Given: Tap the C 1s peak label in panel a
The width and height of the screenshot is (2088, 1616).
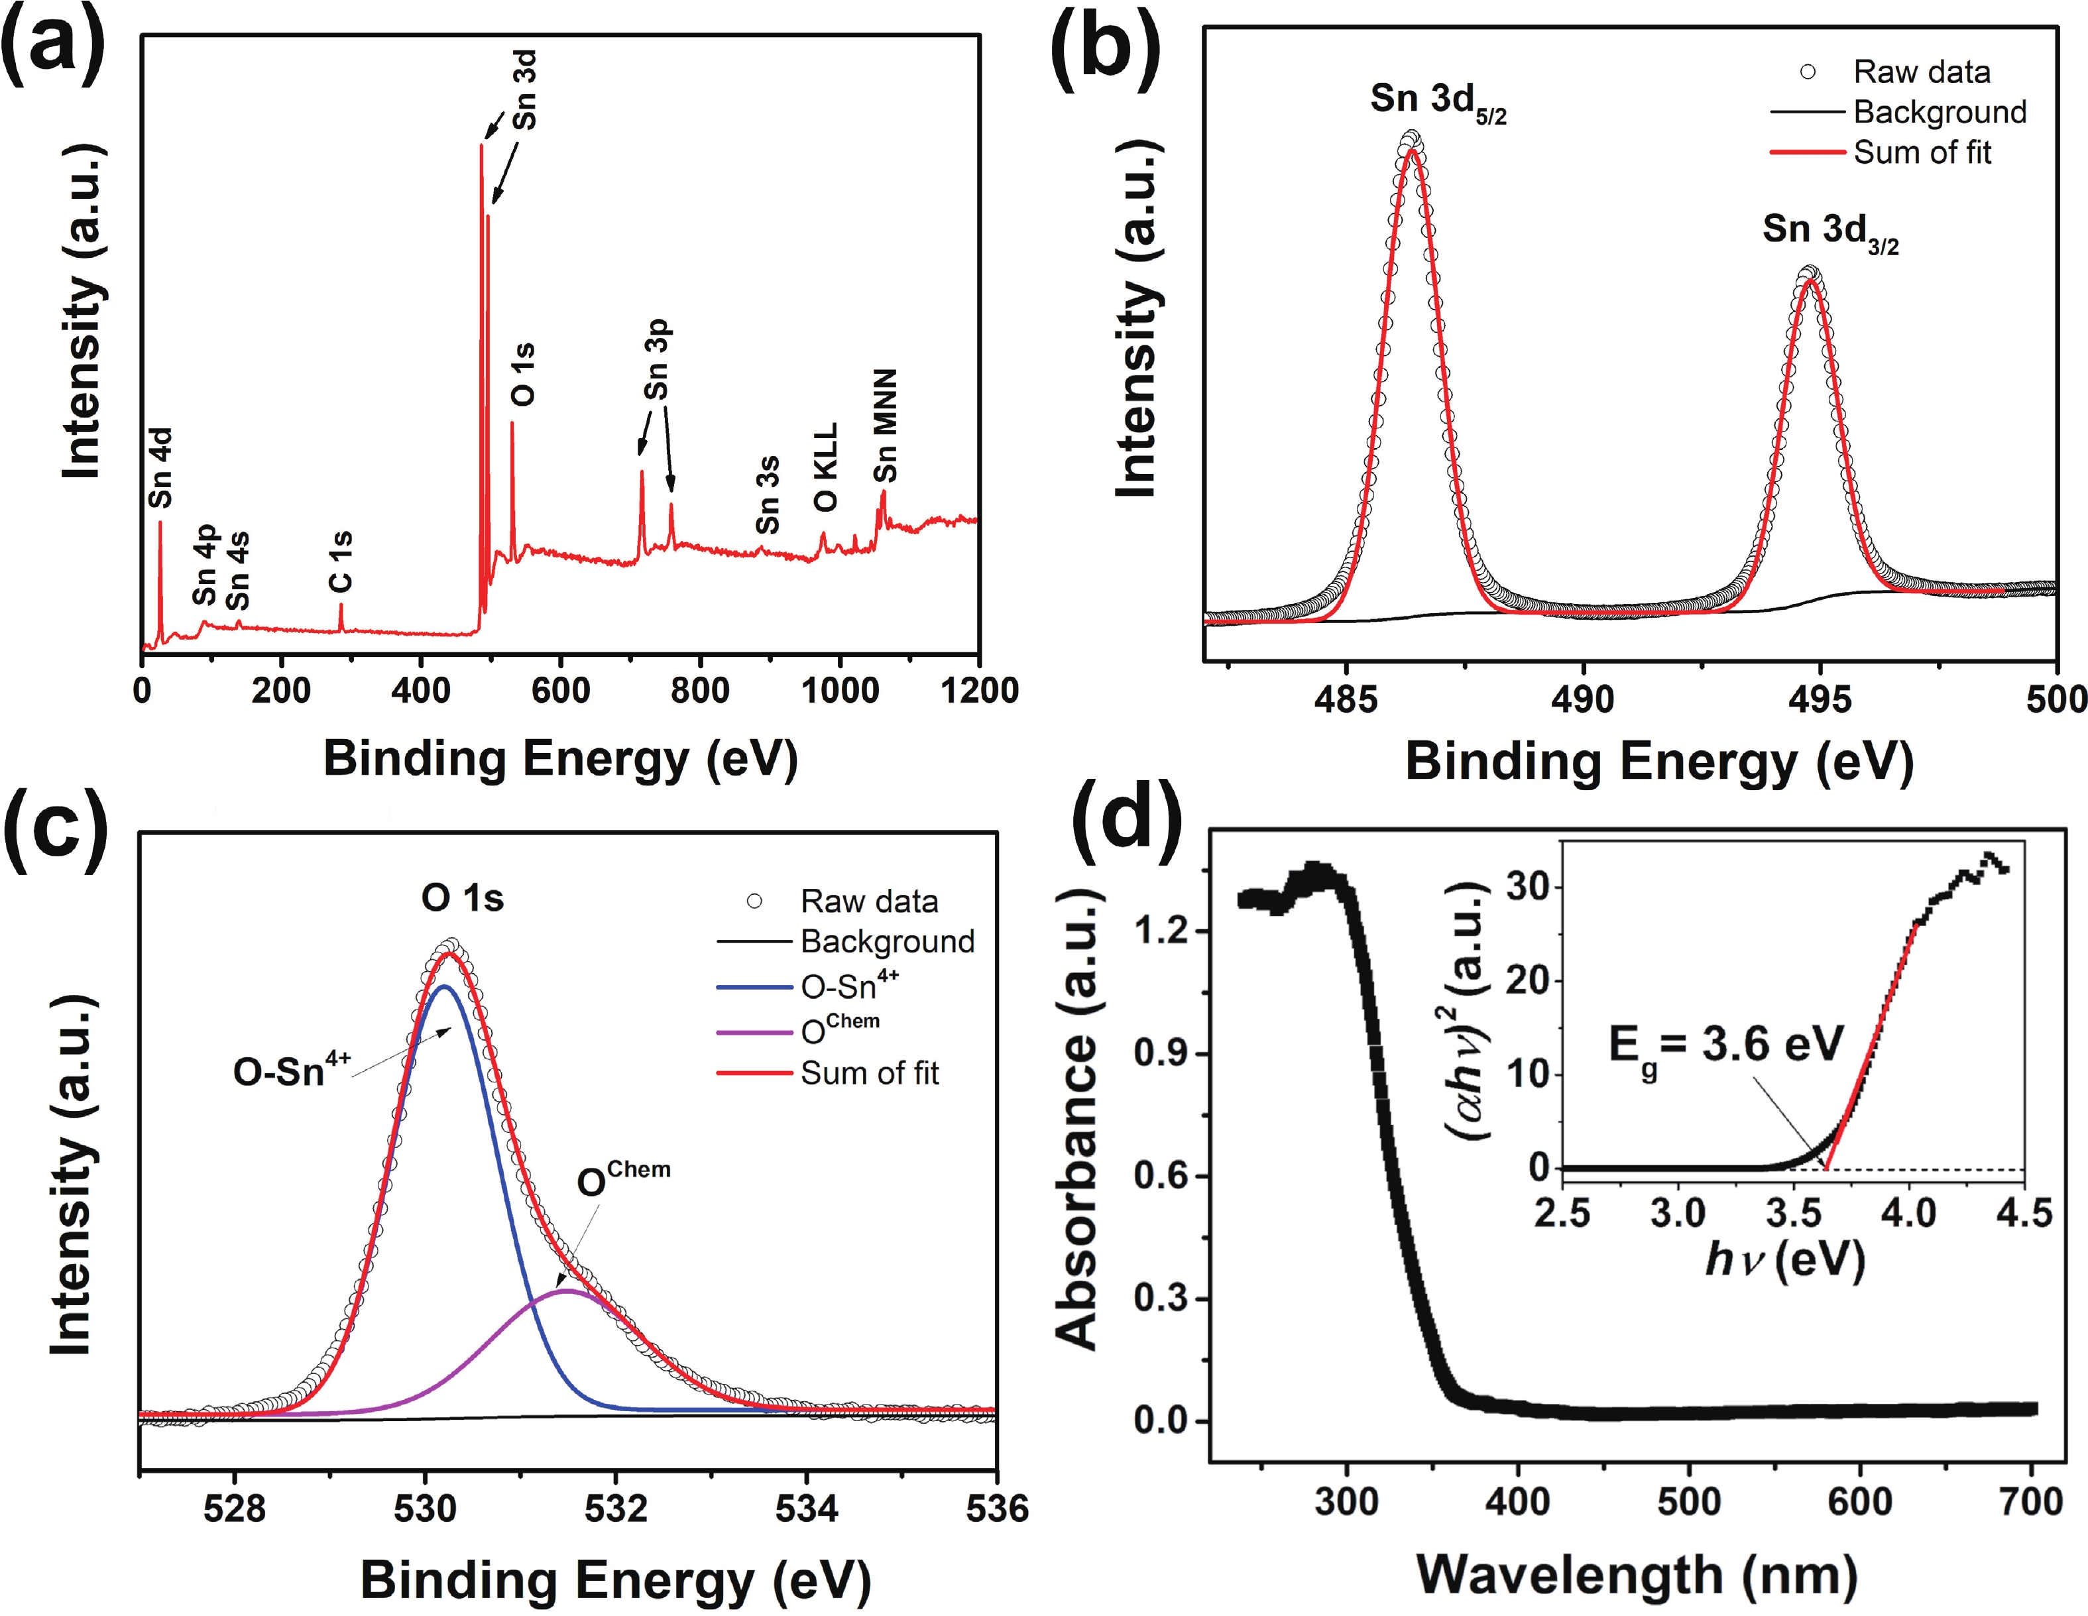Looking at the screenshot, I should [x=340, y=561].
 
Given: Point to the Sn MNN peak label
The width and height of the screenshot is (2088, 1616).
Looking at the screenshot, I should [x=886, y=426].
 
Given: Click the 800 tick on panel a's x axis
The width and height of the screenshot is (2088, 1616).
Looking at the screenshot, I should [x=700, y=691].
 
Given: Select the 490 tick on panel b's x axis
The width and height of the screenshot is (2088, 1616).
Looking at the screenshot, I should [x=1582, y=700].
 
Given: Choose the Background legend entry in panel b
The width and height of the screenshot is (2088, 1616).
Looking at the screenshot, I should [x=1939, y=112].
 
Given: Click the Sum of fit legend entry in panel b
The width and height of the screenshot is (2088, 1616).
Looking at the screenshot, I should [x=1922, y=152].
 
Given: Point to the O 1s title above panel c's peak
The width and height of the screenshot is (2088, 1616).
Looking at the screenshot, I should [x=463, y=898].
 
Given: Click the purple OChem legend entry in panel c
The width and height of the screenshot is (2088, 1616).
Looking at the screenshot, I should [x=839, y=1029].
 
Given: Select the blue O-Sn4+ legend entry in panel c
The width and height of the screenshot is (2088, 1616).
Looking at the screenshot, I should [x=849, y=985].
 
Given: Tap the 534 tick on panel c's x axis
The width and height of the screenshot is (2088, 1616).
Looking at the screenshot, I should [x=806, y=1508].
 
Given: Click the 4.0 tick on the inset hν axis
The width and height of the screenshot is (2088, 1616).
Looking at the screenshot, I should [x=1908, y=1212].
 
